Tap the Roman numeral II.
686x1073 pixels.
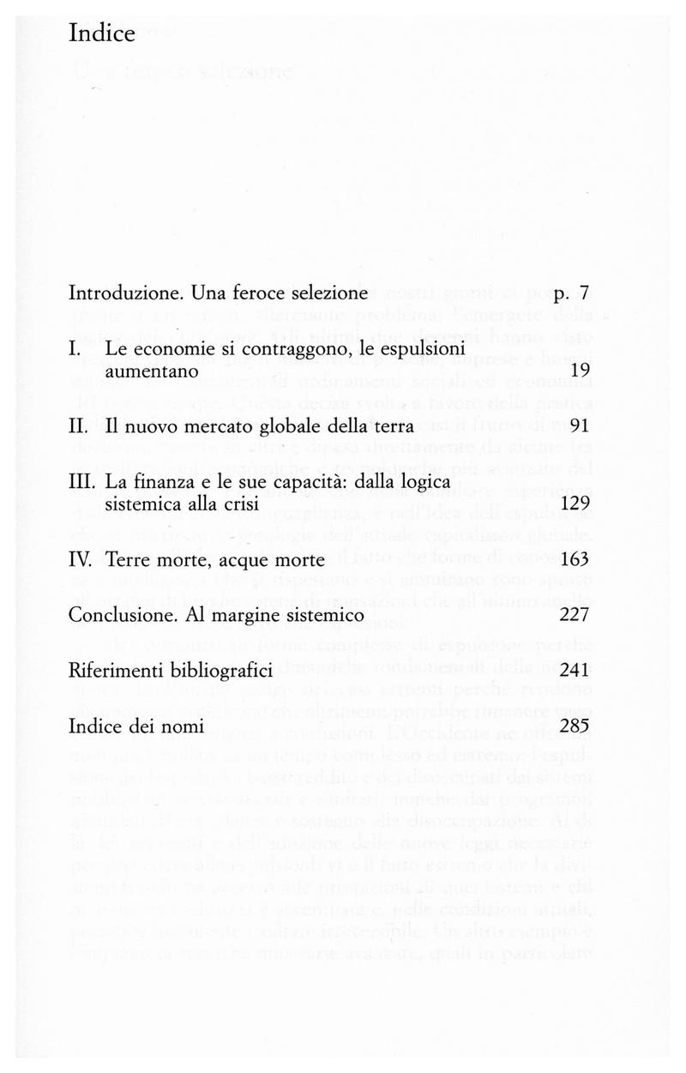78,426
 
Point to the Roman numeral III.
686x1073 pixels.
81,483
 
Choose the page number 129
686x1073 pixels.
571,504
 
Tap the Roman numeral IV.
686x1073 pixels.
81,560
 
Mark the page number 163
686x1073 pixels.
571,560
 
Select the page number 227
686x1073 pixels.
571,616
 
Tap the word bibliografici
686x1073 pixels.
222,671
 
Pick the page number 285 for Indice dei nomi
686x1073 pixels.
571,726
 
